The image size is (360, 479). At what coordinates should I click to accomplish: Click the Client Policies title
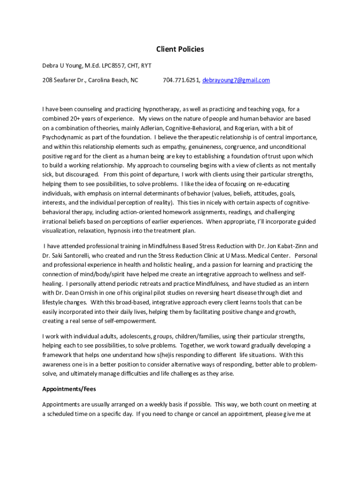[x=180, y=49]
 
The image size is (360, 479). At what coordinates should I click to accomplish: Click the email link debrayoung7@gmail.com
[x=236, y=80]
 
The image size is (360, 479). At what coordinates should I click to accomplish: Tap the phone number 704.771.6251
[x=181, y=80]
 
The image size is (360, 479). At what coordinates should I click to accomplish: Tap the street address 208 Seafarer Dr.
[x=63, y=80]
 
